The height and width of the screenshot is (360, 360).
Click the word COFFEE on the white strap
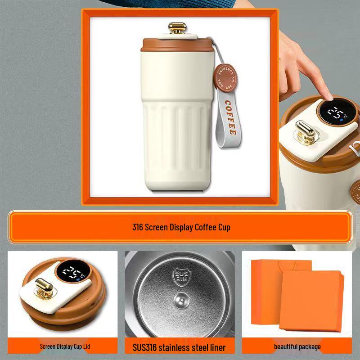click(x=230, y=118)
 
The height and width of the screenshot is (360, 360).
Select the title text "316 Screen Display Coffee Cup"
click(x=181, y=227)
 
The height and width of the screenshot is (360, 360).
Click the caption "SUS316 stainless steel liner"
click(x=179, y=347)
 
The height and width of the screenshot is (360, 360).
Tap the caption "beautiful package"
click(x=297, y=346)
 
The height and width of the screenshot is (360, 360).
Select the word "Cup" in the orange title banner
click(x=224, y=227)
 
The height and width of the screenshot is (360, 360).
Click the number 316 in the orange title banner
click(x=137, y=227)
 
